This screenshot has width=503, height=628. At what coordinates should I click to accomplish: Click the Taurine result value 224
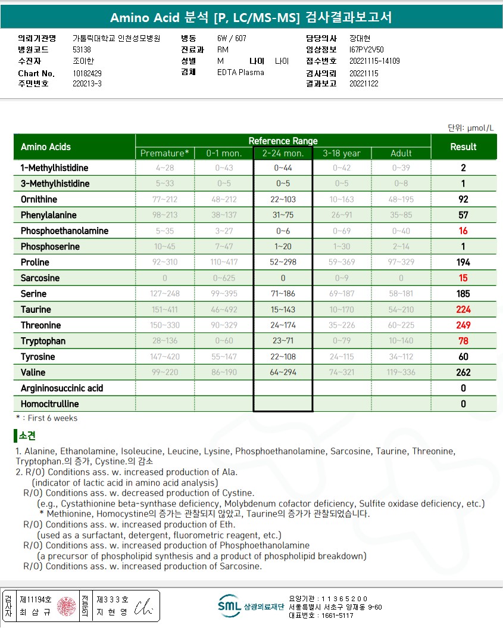[463, 309]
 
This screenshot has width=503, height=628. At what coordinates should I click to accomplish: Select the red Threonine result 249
[463, 325]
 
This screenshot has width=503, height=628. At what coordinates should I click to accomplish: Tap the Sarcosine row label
[39, 278]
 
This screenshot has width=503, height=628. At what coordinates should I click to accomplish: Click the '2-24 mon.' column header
[283, 153]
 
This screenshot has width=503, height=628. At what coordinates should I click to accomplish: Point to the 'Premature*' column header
[165, 153]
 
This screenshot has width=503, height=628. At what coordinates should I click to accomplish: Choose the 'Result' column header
[463, 147]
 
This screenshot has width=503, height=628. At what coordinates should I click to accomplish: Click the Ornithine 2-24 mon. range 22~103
[283, 199]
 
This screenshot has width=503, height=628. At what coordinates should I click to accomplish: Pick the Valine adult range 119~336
[401, 372]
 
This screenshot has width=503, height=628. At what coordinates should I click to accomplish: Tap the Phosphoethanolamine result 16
[463, 231]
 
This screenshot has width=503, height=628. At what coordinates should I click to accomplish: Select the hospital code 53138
[82, 50]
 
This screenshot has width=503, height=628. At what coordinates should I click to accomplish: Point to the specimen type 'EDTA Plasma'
[240, 72]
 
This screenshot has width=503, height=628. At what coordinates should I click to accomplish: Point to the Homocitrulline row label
[49, 404]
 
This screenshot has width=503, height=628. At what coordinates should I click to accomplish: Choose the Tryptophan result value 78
[463, 341]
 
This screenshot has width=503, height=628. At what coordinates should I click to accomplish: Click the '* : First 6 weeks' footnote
[46, 418]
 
